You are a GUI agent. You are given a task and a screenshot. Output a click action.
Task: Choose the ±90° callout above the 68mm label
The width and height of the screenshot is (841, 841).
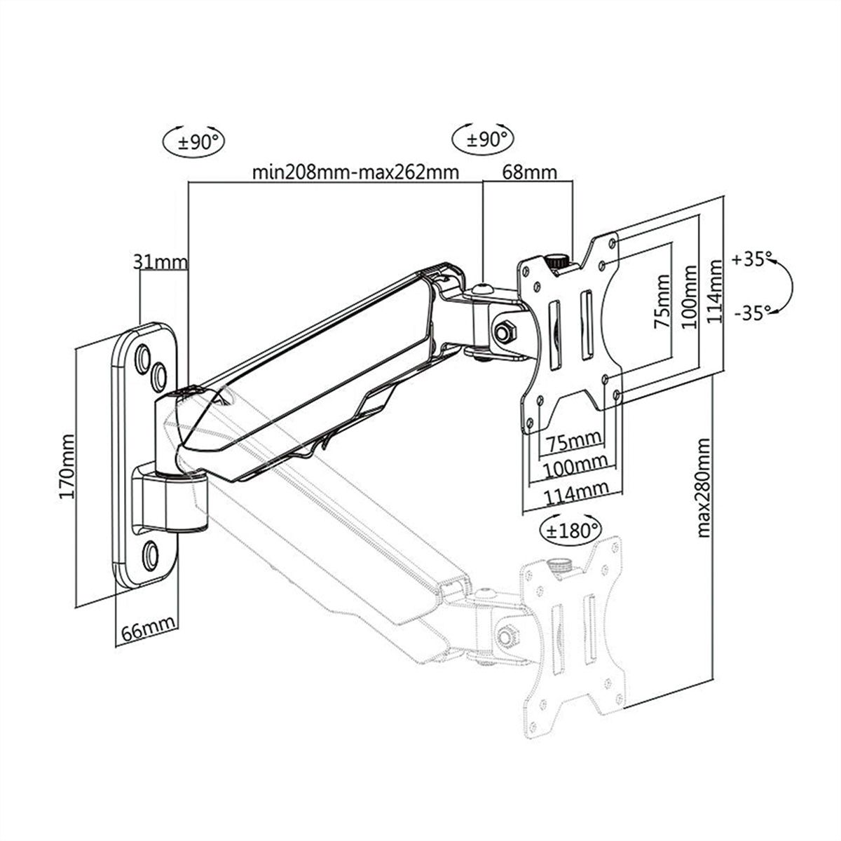483,138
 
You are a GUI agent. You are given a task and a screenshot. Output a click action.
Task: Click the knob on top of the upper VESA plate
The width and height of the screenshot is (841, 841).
559,260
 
